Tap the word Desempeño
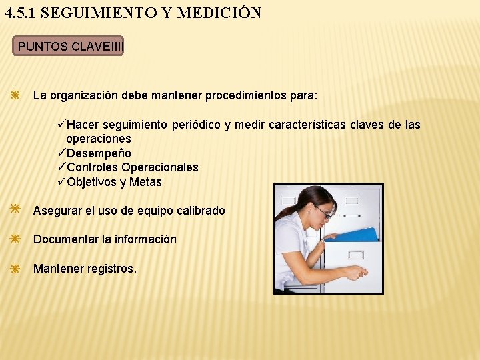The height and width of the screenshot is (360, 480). tap(99, 153)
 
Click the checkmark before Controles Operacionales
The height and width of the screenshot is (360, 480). tap(62, 167)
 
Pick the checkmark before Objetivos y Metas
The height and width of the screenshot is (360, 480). tap(62, 182)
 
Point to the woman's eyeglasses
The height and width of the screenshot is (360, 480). tap(323, 212)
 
